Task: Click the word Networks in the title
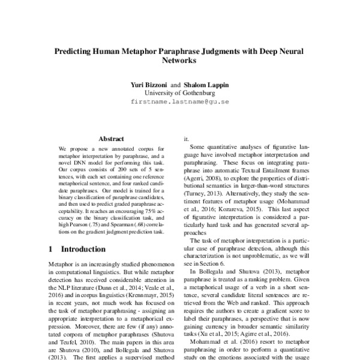point(180,61)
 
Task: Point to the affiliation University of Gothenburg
point(180,93)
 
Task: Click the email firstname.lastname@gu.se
point(180,102)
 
